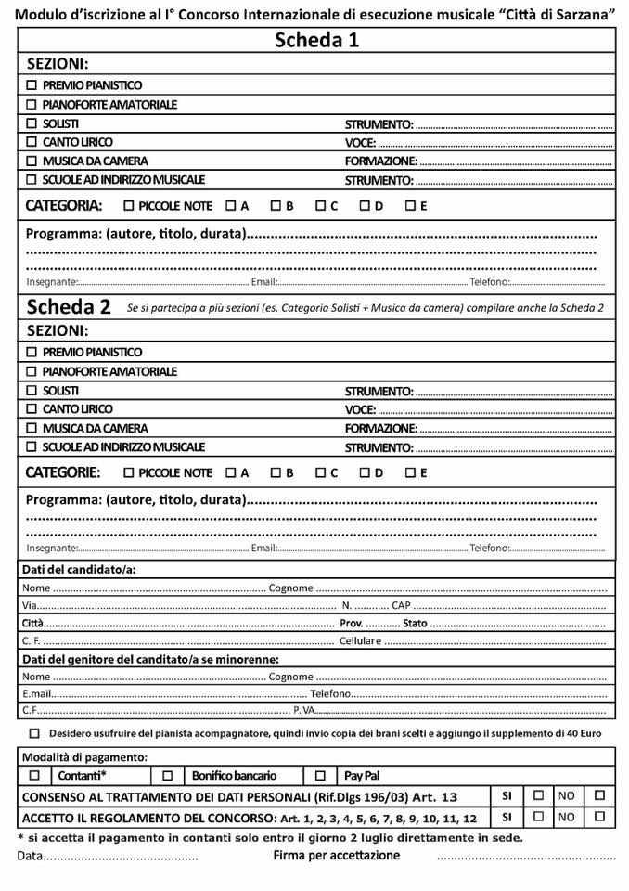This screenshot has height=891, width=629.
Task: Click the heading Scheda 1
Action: tap(316, 40)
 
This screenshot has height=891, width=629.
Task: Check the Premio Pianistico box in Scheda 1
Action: tap(32, 85)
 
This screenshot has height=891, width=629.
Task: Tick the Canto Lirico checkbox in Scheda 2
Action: tap(32, 409)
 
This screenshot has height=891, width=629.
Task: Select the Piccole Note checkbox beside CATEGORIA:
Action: tap(129, 206)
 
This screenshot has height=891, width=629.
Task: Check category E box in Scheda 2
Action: tap(410, 472)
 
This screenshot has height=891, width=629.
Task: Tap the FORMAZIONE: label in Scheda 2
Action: tap(380, 429)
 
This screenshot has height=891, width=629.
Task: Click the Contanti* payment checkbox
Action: tap(34, 775)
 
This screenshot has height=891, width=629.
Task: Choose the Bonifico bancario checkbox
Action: tap(168, 775)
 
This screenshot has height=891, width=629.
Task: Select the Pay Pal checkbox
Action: tap(320, 775)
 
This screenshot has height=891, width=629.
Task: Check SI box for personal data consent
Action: tap(538, 795)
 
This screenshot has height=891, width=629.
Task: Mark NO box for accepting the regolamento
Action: tap(599, 817)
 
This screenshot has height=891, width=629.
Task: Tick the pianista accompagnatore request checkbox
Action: tap(34, 733)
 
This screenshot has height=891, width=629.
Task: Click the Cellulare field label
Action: tap(360, 640)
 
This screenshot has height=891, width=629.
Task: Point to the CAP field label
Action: tap(400, 605)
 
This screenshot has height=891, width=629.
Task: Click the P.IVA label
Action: tap(304, 711)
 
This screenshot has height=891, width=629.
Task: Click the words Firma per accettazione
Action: tap(336, 855)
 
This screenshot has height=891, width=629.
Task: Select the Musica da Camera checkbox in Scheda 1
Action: tap(32, 161)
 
